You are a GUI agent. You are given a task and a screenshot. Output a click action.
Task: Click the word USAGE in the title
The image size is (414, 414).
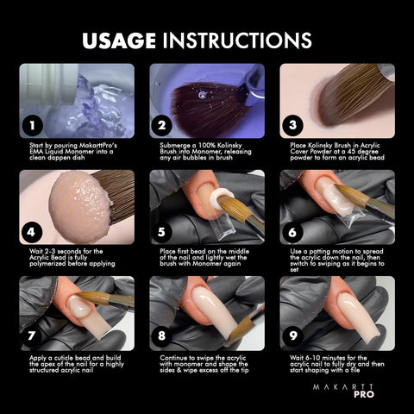coord(119,41)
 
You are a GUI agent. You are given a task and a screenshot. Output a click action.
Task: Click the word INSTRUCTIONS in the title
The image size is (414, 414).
coord(237,41)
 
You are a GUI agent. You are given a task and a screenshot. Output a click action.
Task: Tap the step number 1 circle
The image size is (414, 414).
coord(33,125)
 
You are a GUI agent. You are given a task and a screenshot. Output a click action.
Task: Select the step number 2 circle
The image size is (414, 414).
coord(162,125)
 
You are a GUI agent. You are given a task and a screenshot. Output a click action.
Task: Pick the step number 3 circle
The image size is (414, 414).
coord(292,125)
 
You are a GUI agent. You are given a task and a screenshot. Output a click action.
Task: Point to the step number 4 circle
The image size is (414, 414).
coord(31,232)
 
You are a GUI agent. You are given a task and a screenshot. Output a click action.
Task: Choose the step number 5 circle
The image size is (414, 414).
coord(162,232)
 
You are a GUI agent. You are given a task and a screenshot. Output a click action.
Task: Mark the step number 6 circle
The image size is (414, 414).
coord(292,232)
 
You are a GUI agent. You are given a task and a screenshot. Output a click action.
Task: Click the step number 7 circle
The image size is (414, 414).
coord(31,336)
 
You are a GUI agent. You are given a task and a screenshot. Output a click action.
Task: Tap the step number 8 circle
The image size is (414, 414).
coord(162,336)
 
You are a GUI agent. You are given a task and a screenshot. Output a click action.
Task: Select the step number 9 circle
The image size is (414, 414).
coord(292,336)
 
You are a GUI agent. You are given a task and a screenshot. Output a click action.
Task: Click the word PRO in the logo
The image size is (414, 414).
coord(364,394)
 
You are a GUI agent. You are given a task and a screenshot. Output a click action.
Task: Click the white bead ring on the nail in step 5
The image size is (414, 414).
coord(221,197)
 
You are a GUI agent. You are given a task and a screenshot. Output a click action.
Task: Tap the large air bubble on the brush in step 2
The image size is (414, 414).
coord(203,94)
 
